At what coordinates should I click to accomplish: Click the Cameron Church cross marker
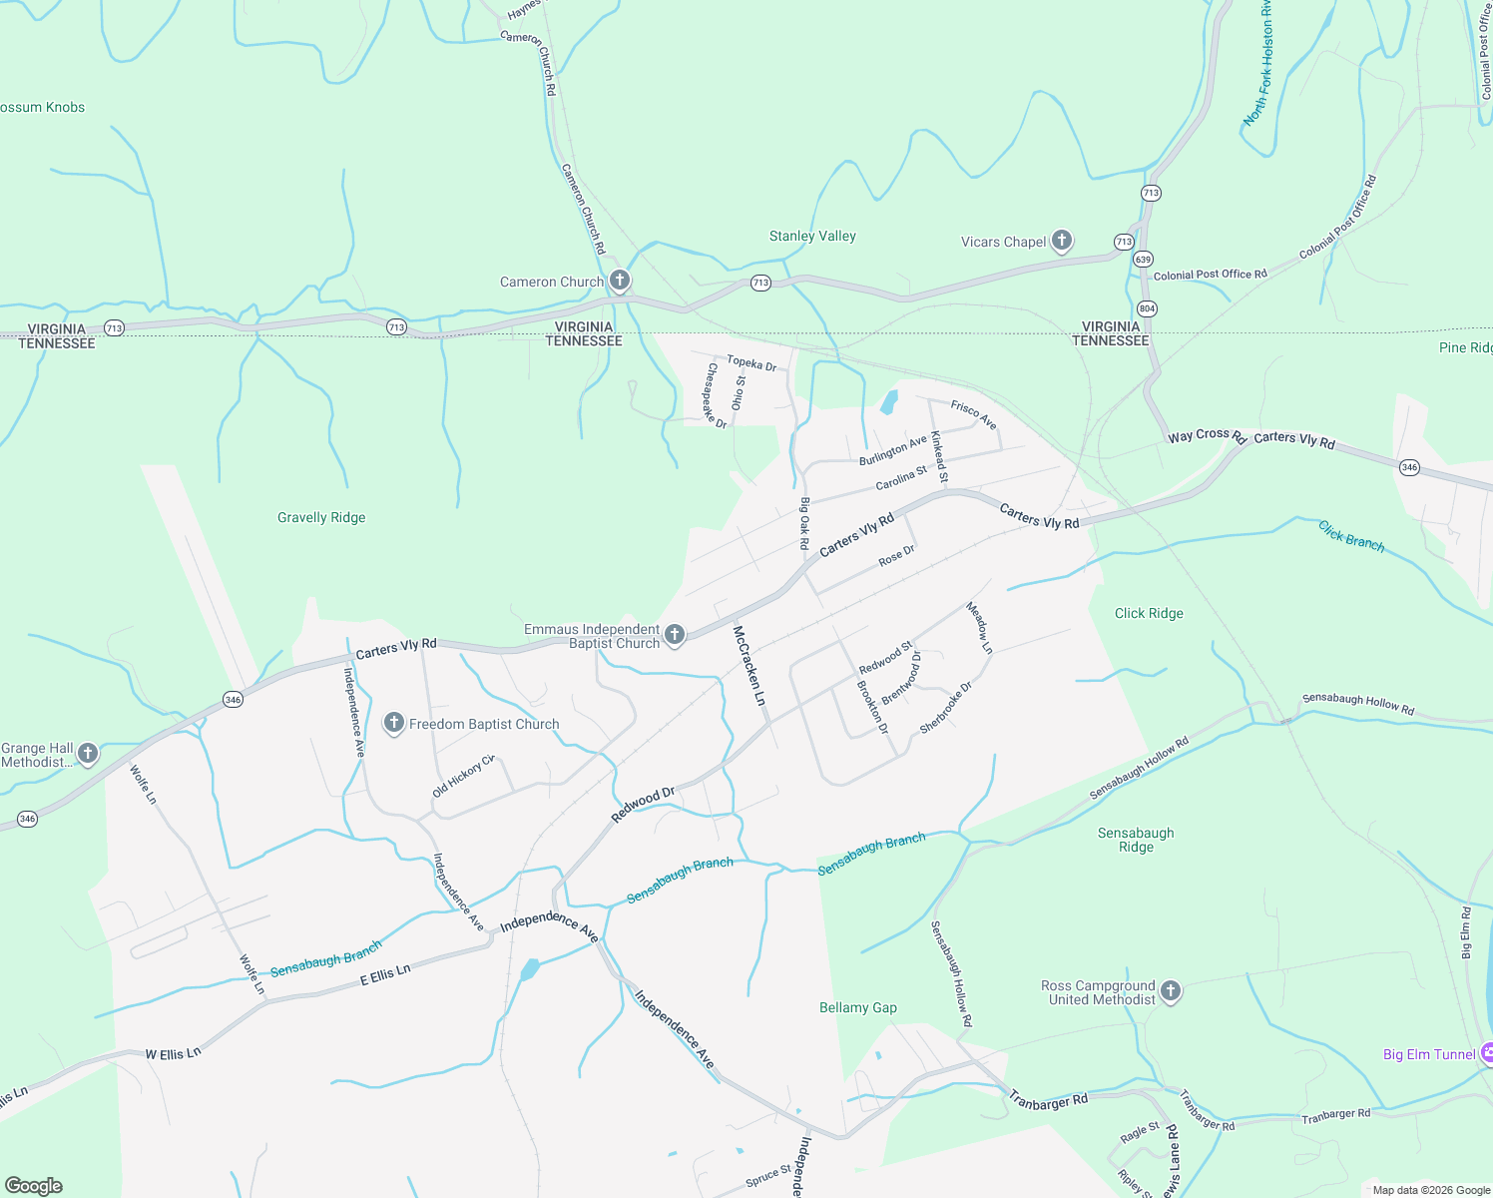(x=620, y=281)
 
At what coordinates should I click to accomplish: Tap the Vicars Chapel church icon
(x=1062, y=241)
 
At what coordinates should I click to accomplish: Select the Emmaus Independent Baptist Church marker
(x=675, y=635)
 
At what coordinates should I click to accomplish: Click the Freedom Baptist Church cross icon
(x=394, y=723)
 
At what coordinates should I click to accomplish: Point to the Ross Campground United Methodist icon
(x=1171, y=991)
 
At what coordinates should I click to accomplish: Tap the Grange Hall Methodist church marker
(x=88, y=754)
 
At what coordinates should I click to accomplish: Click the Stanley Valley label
(x=812, y=237)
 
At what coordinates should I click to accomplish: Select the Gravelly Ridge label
(x=321, y=517)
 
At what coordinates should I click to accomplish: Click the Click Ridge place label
(x=1149, y=613)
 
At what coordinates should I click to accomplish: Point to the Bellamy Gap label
(x=858, y=1007)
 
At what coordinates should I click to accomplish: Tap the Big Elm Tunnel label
(x=1429, y=1054)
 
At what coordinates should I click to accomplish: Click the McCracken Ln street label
(x=749, y=666)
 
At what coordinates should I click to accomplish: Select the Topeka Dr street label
(x=751, y=363)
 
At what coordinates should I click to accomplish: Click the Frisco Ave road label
(x=973, y=414)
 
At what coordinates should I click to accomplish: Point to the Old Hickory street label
(x=463, y=777)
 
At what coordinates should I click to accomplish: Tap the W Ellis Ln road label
(x=173, y=1053)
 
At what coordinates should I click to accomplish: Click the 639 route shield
(x=1143, y=259)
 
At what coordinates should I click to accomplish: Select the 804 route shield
(x=1147, y=308)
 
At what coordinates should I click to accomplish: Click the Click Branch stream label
(x=1351, y=536)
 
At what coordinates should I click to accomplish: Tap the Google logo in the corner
(x=34, y=1186)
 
